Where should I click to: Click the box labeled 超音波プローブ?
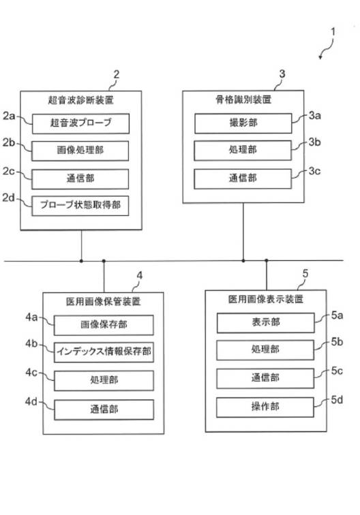coord(80,123)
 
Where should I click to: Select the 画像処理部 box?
coord(80,151)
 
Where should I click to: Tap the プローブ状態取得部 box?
coord(80,206)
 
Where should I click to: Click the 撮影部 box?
coord(243,123)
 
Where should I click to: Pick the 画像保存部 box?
coord(104,325)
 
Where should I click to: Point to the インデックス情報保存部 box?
coord(104,352)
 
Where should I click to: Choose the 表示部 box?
coord(266,322)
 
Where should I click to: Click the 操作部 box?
coord(265,407)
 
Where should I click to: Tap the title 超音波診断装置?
coord(81,100)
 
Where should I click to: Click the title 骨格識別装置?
coord(243,99)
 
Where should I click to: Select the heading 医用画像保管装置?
coord(103,301)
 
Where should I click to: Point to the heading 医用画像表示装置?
coord(266,299)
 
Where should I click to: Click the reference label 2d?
coord(9,198)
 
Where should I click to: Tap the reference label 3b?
coord(314,142)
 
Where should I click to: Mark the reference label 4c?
coord(31,373)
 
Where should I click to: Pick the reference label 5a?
coord(337,315)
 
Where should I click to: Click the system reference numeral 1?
coord(333,32)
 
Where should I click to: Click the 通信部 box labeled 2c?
coord(80,179)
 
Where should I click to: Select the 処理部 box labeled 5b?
coord(265,350)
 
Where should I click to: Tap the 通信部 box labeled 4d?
coord(104,409)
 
